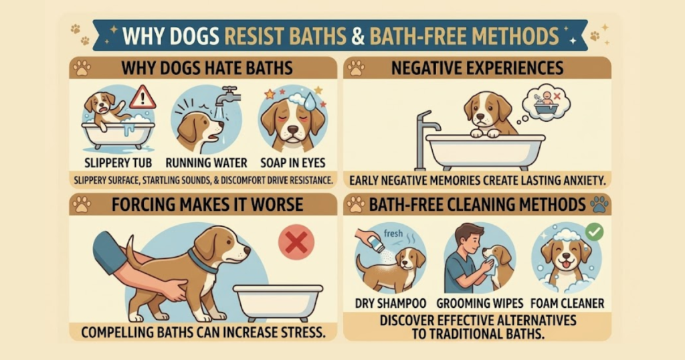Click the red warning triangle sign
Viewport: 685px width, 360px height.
(x=143, y=98)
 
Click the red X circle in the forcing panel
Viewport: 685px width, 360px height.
(x=296, y=242)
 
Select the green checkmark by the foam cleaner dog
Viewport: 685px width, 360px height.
(x=594, y=232)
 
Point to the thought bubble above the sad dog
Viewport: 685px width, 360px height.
(x=546, y=102)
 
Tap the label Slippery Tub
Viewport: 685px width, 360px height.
(x=118, y=163)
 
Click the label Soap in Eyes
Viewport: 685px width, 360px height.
(x=293, y=163)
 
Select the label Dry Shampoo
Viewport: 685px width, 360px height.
(x=391, y=303)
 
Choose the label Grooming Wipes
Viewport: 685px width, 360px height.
(x=480, y=303)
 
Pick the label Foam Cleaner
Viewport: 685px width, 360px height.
(x=567, y=303)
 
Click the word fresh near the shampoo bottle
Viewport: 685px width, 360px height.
(x=393, y=234)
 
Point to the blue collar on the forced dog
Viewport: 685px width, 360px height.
(x=203, y=260)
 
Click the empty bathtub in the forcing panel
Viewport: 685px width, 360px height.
(x=278, y=302)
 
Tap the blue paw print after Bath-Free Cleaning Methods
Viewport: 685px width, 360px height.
(x=599, y=205)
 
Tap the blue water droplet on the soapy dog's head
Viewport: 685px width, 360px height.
(x=310, y=102)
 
